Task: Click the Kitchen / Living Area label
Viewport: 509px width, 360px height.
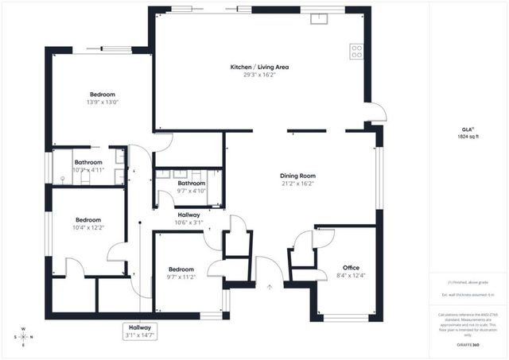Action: tap(259, 68)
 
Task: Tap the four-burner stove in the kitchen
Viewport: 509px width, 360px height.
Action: tap(356, 52)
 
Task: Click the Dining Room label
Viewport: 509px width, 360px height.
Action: tap(297, 176)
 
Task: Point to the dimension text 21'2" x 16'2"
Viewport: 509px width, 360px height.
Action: tap(297, 184)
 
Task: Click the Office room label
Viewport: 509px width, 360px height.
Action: tap(351, 267)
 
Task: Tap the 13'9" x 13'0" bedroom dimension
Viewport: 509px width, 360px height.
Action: tap(102, 102)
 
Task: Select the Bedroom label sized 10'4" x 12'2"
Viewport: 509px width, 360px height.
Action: tap(88, 219)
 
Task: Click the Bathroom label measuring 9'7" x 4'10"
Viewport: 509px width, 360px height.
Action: tap(191, 183)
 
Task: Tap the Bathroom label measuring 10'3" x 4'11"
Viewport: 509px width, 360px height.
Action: tap(88, 162)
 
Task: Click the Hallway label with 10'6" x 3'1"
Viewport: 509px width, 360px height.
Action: tap(188, 215)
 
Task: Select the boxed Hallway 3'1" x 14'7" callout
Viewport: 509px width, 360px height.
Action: tap(140, 331)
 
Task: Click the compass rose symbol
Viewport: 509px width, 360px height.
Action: tap(25, 336)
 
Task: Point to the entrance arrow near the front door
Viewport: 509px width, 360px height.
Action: tap(270, 287)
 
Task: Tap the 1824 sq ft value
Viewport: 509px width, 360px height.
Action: tap(468, 137)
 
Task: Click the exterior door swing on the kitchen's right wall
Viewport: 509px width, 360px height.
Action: tap(375, 112)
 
